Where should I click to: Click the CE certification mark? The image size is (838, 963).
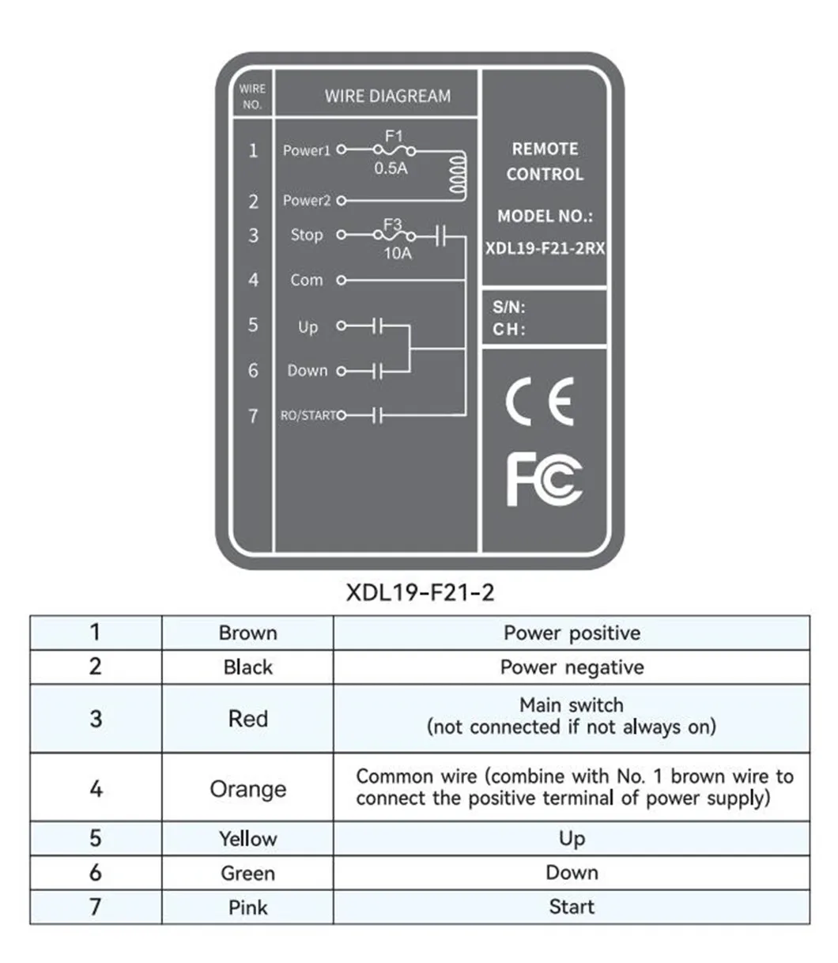click(x=539, y=402)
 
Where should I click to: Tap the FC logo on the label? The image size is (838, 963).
click(x=544, y=479)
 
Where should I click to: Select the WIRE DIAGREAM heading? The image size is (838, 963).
click(x=387, y=96)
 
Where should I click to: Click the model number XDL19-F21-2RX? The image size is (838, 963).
click(x=545, y=247)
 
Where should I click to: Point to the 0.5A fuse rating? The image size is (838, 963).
click(x=391, y=168)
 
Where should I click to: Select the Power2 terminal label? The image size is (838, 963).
click(x=306, y=201)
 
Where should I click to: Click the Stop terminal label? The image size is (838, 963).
click(x=307, y=235)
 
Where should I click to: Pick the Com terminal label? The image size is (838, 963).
click(x=306, y=280)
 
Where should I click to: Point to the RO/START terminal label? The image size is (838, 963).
click(x=309, y=415)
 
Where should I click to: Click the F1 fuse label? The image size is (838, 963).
click(x=393, y=137)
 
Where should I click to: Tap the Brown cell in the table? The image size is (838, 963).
click(x=247, y=633)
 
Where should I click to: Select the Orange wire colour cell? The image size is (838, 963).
click(x=247, y=789)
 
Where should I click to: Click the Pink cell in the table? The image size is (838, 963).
click(x=247, y=907)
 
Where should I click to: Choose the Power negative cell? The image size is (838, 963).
click(x=572, y=667)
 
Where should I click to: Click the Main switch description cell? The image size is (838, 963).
click(x=572, y=716)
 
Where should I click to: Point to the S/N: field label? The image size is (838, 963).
click(x=509, y=308)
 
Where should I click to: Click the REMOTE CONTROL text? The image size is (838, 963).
click(x=545, y=161)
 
